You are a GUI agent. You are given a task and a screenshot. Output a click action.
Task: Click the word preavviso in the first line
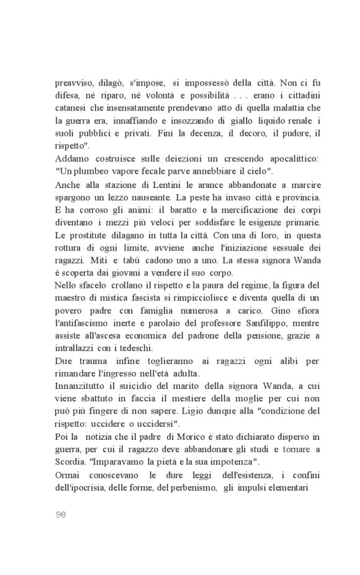[73, 82]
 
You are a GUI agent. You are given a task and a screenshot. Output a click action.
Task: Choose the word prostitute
[92, 236]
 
